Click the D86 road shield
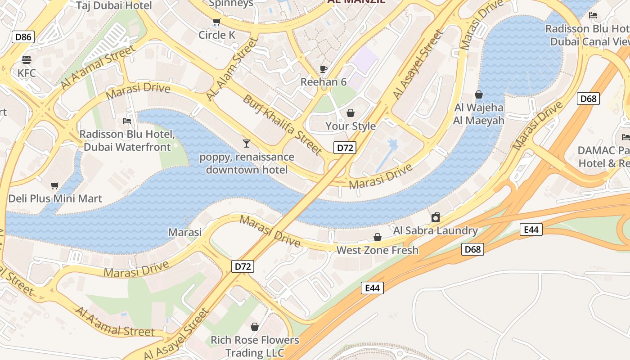[23, 37]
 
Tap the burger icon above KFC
[26, 60]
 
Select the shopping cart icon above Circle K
[216, 22]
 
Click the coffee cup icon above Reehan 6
[323, 69]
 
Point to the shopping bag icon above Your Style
[350, 113]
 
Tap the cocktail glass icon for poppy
[246, 144]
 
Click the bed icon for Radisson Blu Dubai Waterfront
[127, 121]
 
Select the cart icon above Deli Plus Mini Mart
[55, 185]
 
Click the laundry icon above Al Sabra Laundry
[435, 218]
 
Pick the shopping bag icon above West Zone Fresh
[378, 237]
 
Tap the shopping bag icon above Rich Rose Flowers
[255, 327]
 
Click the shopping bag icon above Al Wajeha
[479, 94]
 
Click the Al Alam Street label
[232, 69]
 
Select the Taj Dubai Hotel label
[114, 5]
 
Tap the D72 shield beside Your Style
[345, 148]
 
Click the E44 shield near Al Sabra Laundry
[531, 229]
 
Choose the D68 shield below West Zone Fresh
[472, 249]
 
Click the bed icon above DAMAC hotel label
[625, 137]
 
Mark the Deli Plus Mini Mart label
[55, 198]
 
